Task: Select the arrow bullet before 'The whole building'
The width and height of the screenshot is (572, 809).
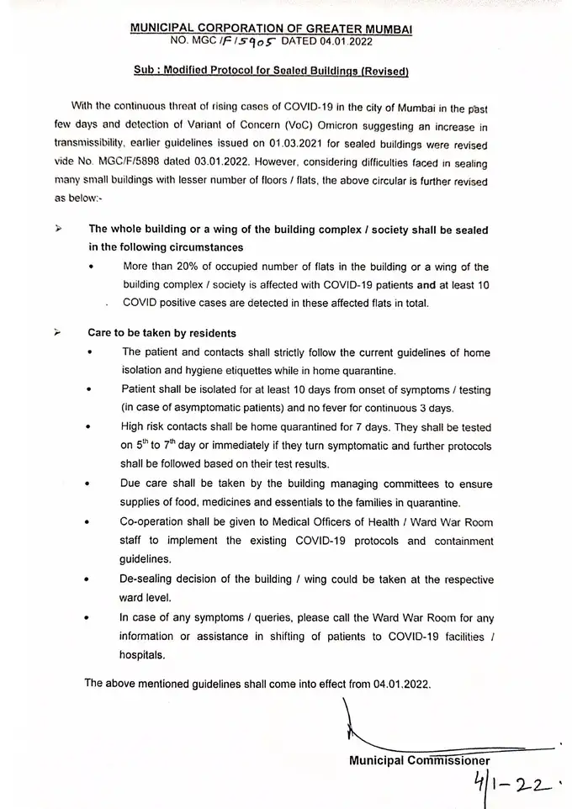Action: click(59, 229)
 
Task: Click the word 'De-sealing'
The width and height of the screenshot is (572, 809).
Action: click(150, 579)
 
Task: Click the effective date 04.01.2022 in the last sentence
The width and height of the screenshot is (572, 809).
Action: click(398, 683)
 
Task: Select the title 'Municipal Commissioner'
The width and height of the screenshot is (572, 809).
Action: click(419, 761)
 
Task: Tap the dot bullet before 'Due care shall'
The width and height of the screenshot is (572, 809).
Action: click(90, 486)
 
